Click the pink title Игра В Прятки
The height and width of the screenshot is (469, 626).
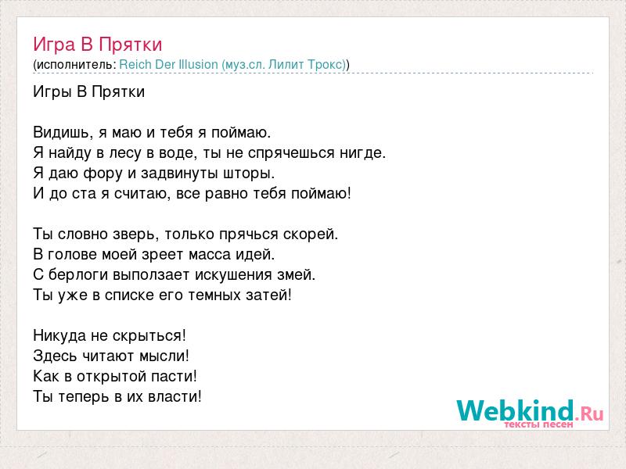point(97,45)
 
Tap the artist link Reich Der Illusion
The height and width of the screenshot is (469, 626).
point(168,65)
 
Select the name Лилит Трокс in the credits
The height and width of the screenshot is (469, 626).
point(306,65)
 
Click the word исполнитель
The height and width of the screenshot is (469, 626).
point(74,65)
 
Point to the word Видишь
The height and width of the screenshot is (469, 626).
point(61,132)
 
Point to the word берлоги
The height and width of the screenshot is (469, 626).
point(78,275)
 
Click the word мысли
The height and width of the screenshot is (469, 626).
point(164,356)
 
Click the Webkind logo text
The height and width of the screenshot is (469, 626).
point(515,410)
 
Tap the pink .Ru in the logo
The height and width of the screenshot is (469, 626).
point(589,414)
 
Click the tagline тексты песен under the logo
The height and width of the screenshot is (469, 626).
point(538,424)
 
